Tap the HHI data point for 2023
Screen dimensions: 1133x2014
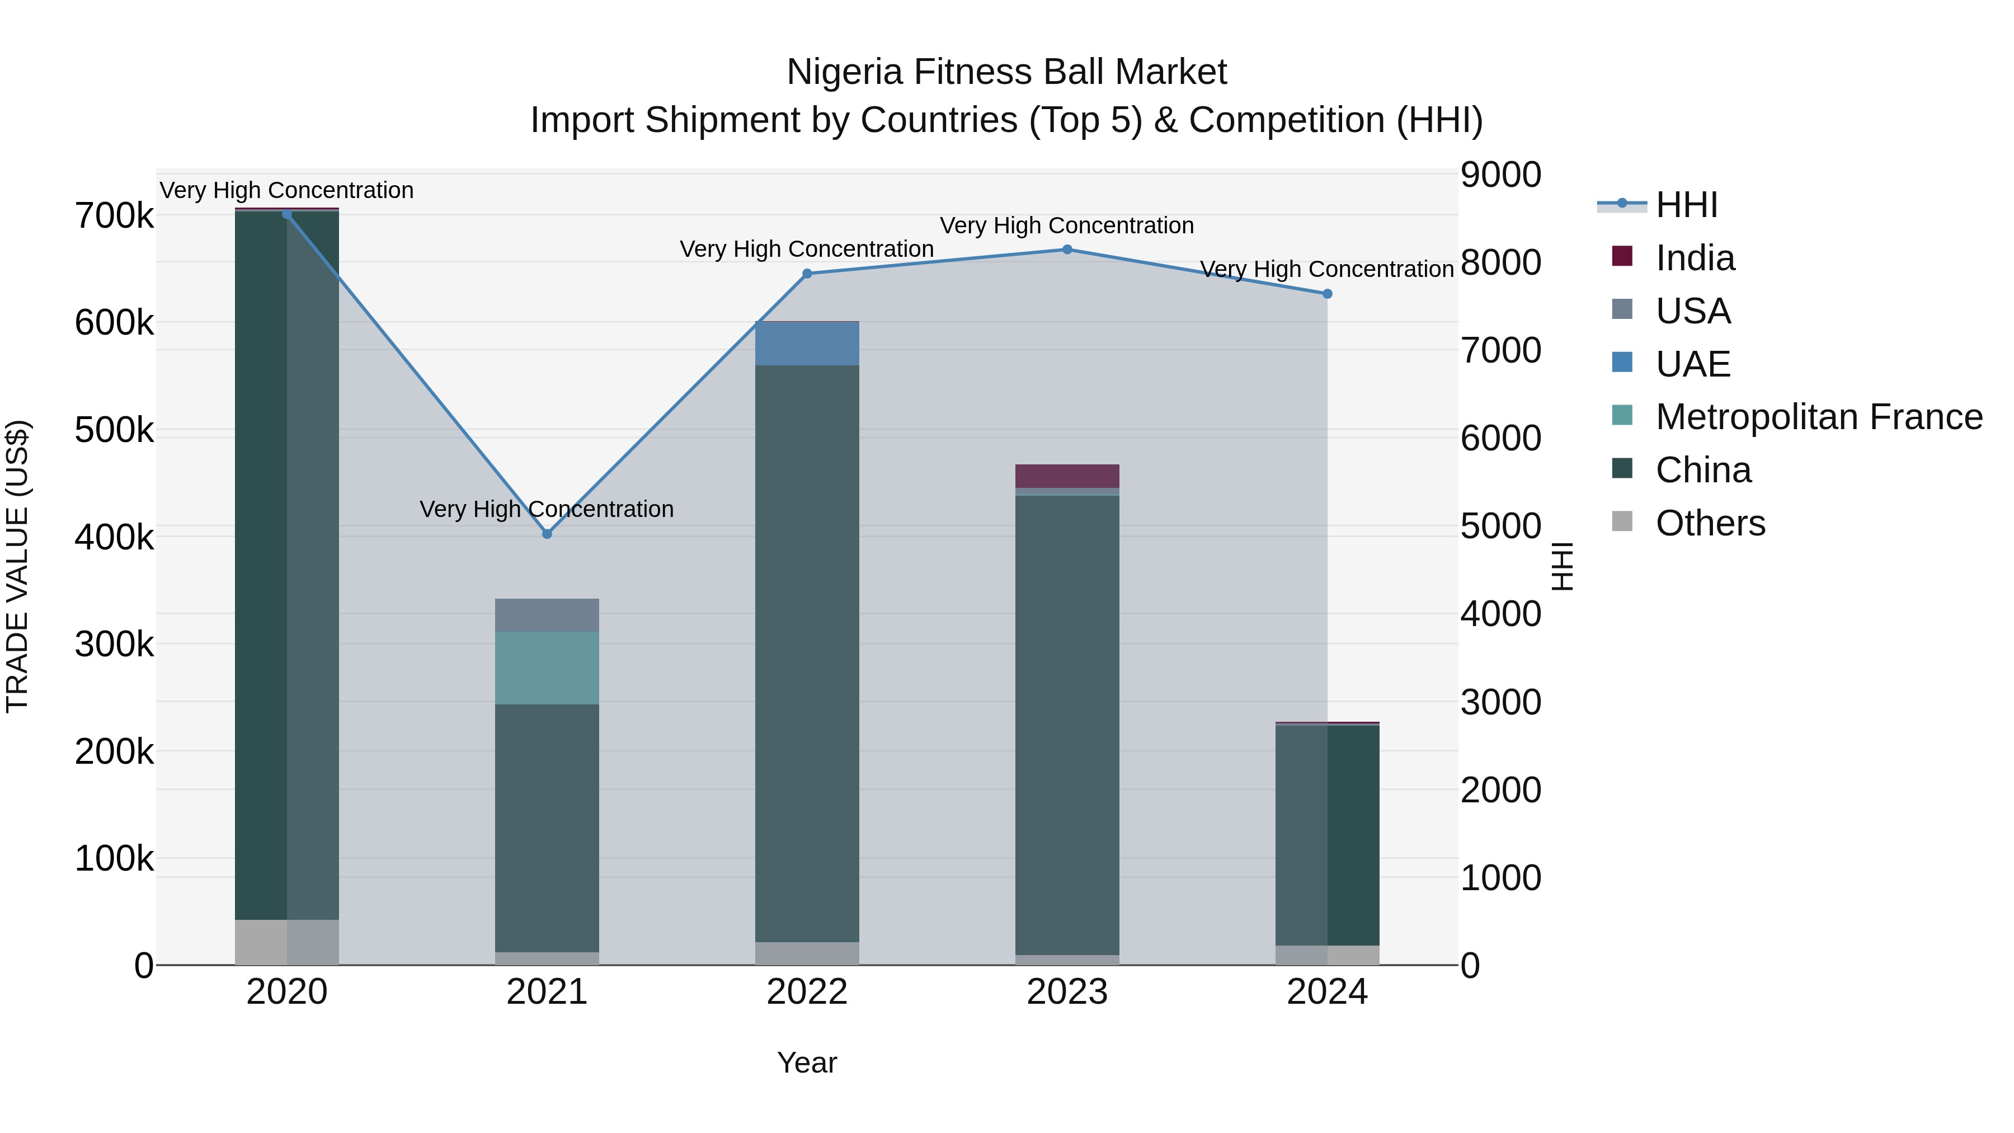[1067, 250]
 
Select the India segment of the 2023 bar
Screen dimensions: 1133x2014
[1067, 476]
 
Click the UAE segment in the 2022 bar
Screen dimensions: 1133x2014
[807, 344]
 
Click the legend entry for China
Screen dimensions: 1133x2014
[1703, 470]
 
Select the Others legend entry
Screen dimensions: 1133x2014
[1710, 523]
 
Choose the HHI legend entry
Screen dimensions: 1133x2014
[1686, 205]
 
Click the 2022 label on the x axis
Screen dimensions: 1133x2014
[807, 992]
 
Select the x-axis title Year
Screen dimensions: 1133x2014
[807, 1063]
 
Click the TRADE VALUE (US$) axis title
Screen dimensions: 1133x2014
[18, 566]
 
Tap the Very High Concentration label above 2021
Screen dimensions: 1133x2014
[547, 509]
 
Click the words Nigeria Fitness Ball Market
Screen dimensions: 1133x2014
[1006, 72]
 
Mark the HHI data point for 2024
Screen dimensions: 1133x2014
[1327, 294]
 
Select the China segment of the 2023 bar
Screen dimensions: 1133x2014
[1067, 723]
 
